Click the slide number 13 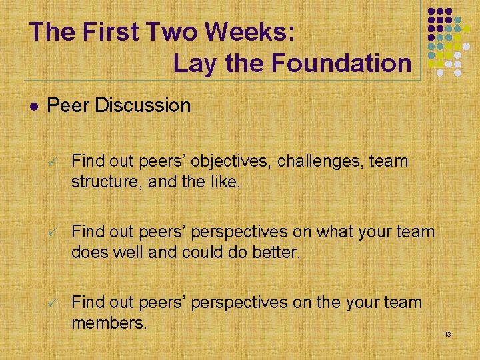click(x=447, y=333)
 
